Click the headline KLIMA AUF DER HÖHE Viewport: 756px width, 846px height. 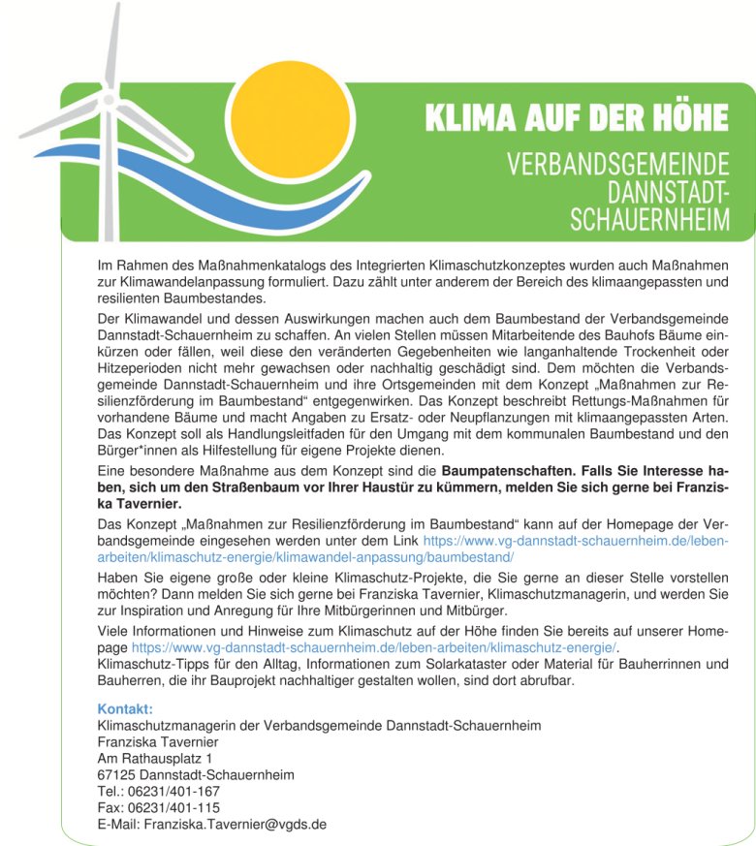click(577, 119)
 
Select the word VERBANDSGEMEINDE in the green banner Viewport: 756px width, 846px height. click(618, 162)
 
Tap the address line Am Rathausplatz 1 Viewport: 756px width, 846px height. click(155, 759)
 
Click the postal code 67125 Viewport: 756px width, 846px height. click(117, 775)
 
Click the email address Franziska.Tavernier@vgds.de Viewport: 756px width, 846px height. click(235, 825)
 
